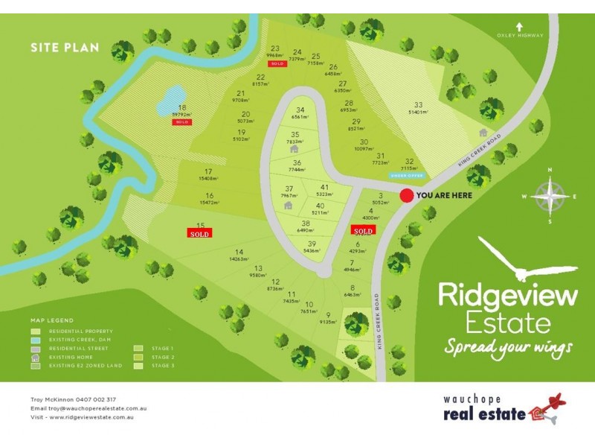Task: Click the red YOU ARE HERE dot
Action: [406, 195]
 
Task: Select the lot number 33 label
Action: [418, 105]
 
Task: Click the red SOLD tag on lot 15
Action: [199, 233]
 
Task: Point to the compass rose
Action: [550, 196]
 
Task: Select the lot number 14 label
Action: [239, 252]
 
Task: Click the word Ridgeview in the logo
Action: [507, 294]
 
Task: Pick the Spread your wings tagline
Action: [509, 347]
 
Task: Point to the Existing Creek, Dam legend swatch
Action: [36, 340]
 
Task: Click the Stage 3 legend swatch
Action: [138, 366]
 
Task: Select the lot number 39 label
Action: [312, 244]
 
